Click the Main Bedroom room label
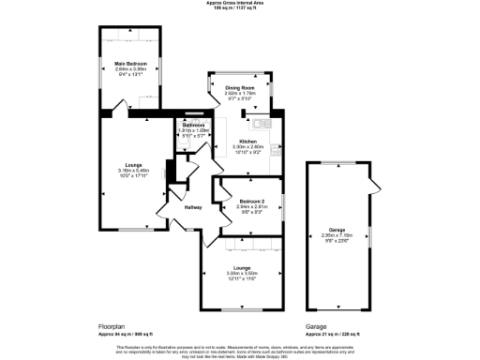[131, 63]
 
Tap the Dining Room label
[240, 87]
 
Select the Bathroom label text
[194, 125]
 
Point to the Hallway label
[193, 207]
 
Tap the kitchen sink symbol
[260, 123]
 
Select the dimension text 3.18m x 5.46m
[132, 170]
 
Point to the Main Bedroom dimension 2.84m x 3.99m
[131, 68]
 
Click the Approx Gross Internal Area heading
[239, 3]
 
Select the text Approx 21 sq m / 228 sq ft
[336, 333]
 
